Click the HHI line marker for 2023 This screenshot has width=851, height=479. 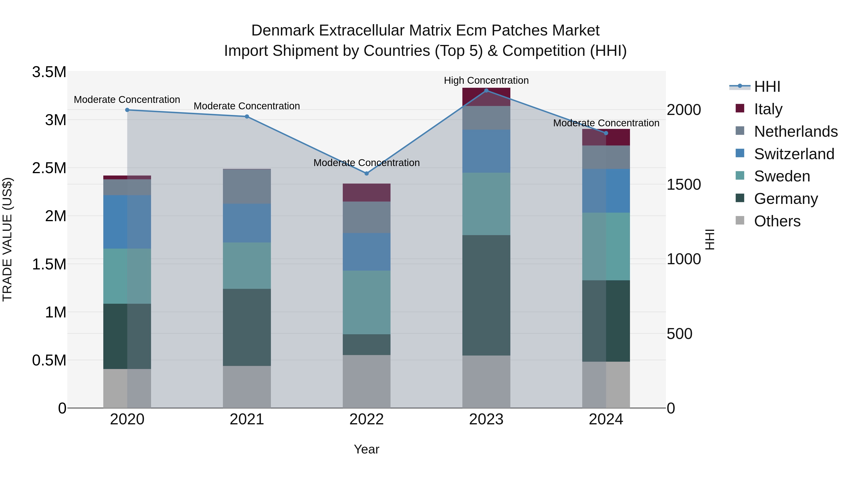click(486, 90)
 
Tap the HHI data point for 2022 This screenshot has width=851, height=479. click(366, 173)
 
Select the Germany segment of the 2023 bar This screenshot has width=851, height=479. click(486, 295)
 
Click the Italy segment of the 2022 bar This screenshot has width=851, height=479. click(366, 192)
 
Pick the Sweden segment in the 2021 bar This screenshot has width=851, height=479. click(247, 265)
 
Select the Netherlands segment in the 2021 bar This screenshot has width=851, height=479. click(247, 186)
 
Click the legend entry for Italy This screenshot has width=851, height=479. click(768, 109)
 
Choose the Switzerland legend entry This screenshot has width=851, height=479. click(794, 154)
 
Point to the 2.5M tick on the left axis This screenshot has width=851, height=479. click(49, 168)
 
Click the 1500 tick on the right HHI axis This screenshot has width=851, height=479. click(683, 185)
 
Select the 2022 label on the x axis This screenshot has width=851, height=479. click(366, 419)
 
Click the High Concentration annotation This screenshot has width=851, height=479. click(486, 80)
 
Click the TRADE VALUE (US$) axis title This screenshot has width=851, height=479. click(8, 239)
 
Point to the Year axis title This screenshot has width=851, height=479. click(366, 449)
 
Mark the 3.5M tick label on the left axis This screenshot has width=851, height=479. click(49, 72)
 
